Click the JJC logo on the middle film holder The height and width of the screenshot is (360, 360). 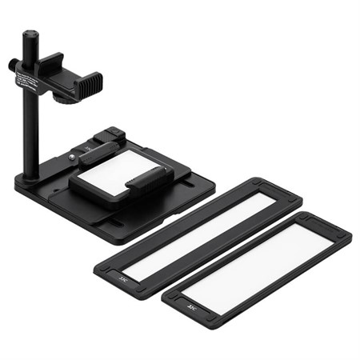(x=122, y=278)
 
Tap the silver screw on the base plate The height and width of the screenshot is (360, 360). (x=74, y=158)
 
